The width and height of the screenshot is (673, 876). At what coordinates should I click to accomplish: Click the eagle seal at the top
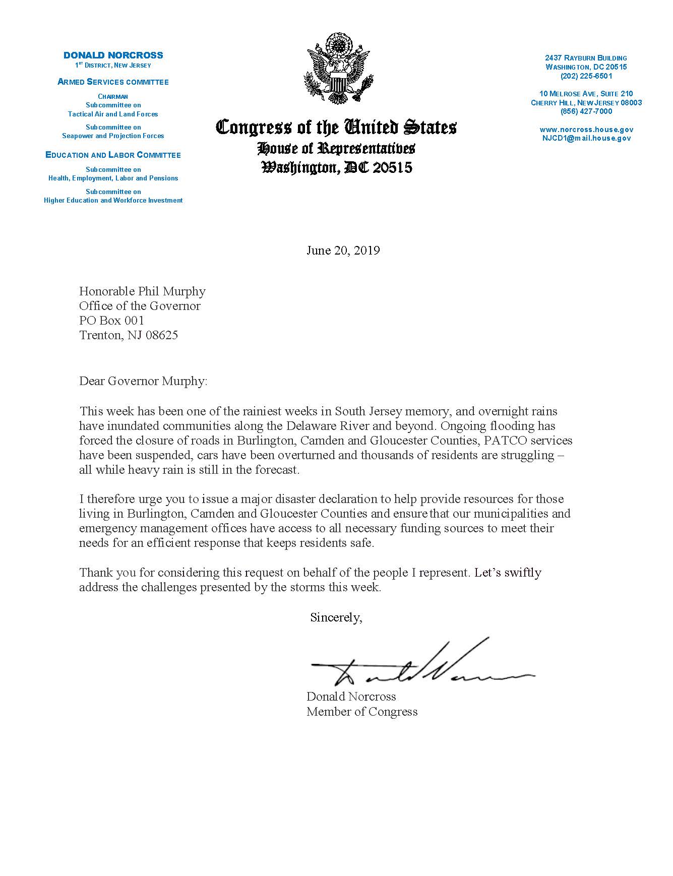point(336,69)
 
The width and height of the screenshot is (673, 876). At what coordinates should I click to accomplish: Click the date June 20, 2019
point(343,251)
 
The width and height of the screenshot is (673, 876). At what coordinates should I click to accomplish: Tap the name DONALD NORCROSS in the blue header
point(113,55)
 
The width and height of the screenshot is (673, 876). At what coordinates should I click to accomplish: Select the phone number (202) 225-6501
point(586,76)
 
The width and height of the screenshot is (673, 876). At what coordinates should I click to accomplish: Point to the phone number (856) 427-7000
point(586,111)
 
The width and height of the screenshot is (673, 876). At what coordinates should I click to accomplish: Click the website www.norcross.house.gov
point(586,130)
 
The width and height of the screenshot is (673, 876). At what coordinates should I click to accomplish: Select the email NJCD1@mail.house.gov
point(586,138)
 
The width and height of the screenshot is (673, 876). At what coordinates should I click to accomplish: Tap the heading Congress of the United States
point(336,127)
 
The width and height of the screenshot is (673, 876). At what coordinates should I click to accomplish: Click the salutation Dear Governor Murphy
point(143,381)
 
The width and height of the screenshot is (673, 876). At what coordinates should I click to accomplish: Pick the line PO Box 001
point(112,321)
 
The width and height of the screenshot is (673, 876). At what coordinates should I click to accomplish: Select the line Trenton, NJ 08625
point(129,335)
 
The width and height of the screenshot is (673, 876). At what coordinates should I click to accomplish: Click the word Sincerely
point(336,617)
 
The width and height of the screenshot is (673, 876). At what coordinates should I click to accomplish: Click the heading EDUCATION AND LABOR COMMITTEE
point(113,155)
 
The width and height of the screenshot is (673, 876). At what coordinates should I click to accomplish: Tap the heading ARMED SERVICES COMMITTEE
point(113,82)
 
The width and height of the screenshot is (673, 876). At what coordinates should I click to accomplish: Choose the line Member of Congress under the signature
point(362,712)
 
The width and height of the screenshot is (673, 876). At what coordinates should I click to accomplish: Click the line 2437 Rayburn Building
point(586,58)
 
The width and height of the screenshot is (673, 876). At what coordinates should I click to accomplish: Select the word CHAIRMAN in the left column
point(113,96)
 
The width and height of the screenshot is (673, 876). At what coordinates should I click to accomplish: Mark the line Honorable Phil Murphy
point(142,291)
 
